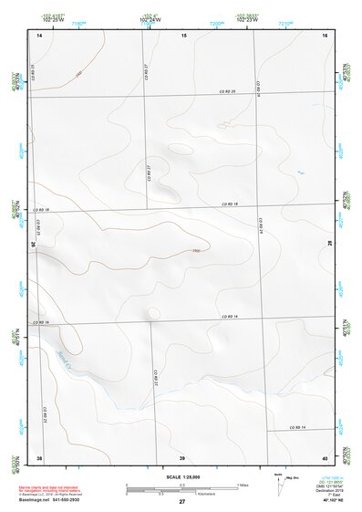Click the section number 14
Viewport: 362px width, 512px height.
pos(39,34)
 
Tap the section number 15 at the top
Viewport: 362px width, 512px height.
pos(183,34)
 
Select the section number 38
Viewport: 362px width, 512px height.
pos(39,456)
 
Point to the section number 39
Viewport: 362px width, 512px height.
pos(182,456)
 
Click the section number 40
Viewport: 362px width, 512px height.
pos(324,456)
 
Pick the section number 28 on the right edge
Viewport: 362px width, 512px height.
pos(331,243)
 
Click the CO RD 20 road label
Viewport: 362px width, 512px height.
pos(227,91)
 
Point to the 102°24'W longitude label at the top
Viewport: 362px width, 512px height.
pos(148,20)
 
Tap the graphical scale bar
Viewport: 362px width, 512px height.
pos(182,486)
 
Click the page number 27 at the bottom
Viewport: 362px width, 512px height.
pos(182,502)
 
